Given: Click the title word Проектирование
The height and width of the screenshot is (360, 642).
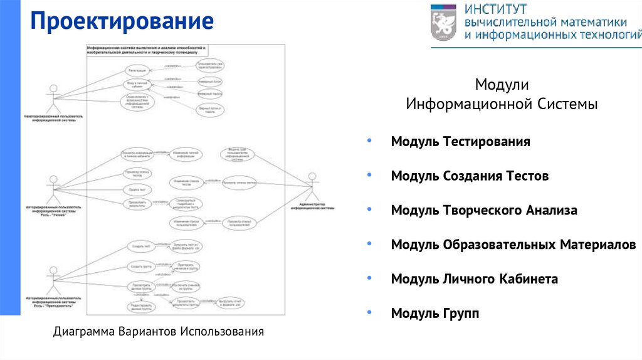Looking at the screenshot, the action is coord(123,23).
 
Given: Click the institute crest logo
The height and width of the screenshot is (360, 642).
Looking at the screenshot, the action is coord(444,23).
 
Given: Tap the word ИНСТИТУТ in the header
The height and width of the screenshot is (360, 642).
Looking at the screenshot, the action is coord(496,9).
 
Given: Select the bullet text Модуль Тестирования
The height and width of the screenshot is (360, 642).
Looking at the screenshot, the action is coord(460,142).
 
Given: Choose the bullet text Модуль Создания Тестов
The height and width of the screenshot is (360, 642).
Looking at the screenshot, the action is coord(470,176).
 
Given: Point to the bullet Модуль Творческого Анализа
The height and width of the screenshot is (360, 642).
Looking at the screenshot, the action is coord(484,211).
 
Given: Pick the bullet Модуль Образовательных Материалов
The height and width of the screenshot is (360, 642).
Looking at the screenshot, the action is coord(513,245).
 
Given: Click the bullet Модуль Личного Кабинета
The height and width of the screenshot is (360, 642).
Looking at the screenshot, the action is coord(474,279).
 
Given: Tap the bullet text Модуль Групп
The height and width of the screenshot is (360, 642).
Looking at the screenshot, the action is coord(434,313).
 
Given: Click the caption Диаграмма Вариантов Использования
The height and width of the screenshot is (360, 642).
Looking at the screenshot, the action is coord(159,331).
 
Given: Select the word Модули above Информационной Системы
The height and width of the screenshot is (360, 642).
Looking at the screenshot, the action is coord(502,84).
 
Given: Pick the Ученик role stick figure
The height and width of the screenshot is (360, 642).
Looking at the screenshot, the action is coord(53,186).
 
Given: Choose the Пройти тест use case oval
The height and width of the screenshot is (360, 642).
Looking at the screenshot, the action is coord(137,189).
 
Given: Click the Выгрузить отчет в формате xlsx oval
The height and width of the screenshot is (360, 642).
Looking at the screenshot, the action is coord(230,303).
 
